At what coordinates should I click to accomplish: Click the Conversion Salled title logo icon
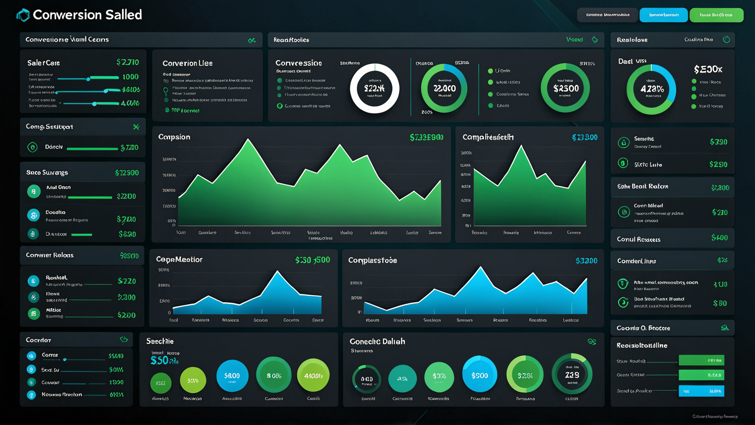click(x=23, y=15)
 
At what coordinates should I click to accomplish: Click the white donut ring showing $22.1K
click(x=374, y=89)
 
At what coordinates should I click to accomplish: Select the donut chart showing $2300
click(x=565, y=88)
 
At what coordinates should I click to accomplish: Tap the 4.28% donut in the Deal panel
click(x=651, y=89)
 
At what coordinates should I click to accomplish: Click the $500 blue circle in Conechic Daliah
click(x=480, y=375)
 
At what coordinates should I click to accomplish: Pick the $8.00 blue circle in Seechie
click(x=232, y=376)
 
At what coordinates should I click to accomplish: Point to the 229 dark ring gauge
click(x=572, y=375)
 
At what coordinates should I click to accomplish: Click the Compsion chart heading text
click(x=174, y=137)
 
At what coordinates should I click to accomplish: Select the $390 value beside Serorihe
click(x=718, y=142)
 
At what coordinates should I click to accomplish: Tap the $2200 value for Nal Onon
click(x=126, y=196)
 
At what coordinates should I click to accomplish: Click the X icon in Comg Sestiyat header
click(x=136, y=127)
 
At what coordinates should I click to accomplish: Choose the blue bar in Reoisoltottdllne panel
click(x=701, y=391)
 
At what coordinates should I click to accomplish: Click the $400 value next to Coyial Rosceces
click(x=719, y=238)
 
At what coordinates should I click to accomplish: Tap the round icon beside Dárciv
click(x=33, y=147)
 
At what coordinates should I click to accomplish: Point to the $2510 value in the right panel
click(x=718, y=164)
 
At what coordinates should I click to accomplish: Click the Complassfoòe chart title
click(x=372, y=261)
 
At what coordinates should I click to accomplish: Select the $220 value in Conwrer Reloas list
click(x=127, y=281)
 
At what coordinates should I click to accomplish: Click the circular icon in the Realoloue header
click(x=726, y=40)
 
